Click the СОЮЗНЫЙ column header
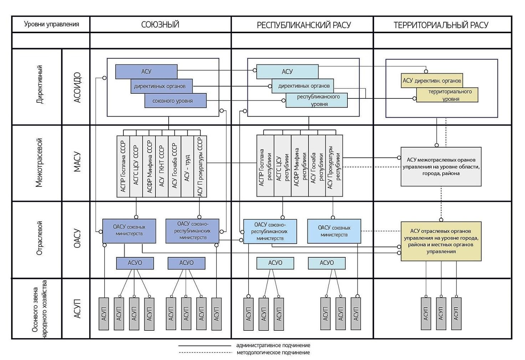[160, 25]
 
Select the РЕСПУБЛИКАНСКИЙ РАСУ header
[304, 25]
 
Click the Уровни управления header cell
[51, 24]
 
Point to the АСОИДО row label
[77, 88]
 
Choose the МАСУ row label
[77, 163]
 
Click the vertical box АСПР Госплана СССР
[123, 166]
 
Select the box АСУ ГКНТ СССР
[162, 166]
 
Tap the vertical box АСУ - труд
[187, 166]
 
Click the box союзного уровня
[175, 101]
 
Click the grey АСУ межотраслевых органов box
[441, 166]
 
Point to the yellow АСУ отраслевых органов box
[441, 241]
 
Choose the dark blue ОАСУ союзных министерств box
[129, 231]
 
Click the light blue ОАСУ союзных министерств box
[334, 231]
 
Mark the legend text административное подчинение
[273, 345]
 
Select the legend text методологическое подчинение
[273, 353]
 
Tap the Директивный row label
[40, 85]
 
